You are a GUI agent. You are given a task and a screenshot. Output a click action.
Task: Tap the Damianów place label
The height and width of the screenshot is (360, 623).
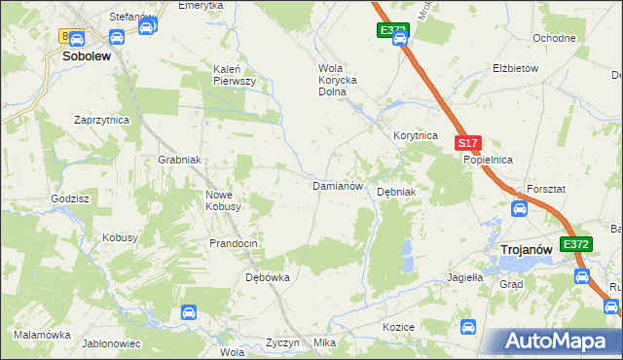point(337,185)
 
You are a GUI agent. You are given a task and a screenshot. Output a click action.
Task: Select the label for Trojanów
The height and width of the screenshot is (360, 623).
point(526,250)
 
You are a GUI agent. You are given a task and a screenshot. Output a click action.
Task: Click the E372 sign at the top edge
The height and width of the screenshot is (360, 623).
point(393,31)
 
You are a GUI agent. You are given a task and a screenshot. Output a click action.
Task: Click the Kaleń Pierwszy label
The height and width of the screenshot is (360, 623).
point(235,75)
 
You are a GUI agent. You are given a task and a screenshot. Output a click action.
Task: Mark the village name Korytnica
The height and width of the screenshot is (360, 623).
point(416,136)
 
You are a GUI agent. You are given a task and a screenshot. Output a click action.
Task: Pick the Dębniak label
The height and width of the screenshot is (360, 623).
point(396,192)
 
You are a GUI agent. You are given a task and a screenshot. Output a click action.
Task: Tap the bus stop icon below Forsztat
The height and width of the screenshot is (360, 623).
point(520,207)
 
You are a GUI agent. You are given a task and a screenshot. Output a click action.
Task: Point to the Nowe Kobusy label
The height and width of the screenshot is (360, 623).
point(224,200)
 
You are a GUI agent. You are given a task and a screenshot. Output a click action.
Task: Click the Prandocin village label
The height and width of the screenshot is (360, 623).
point(233,243)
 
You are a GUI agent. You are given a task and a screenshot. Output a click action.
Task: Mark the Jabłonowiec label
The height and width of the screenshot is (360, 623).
point(112,343)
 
